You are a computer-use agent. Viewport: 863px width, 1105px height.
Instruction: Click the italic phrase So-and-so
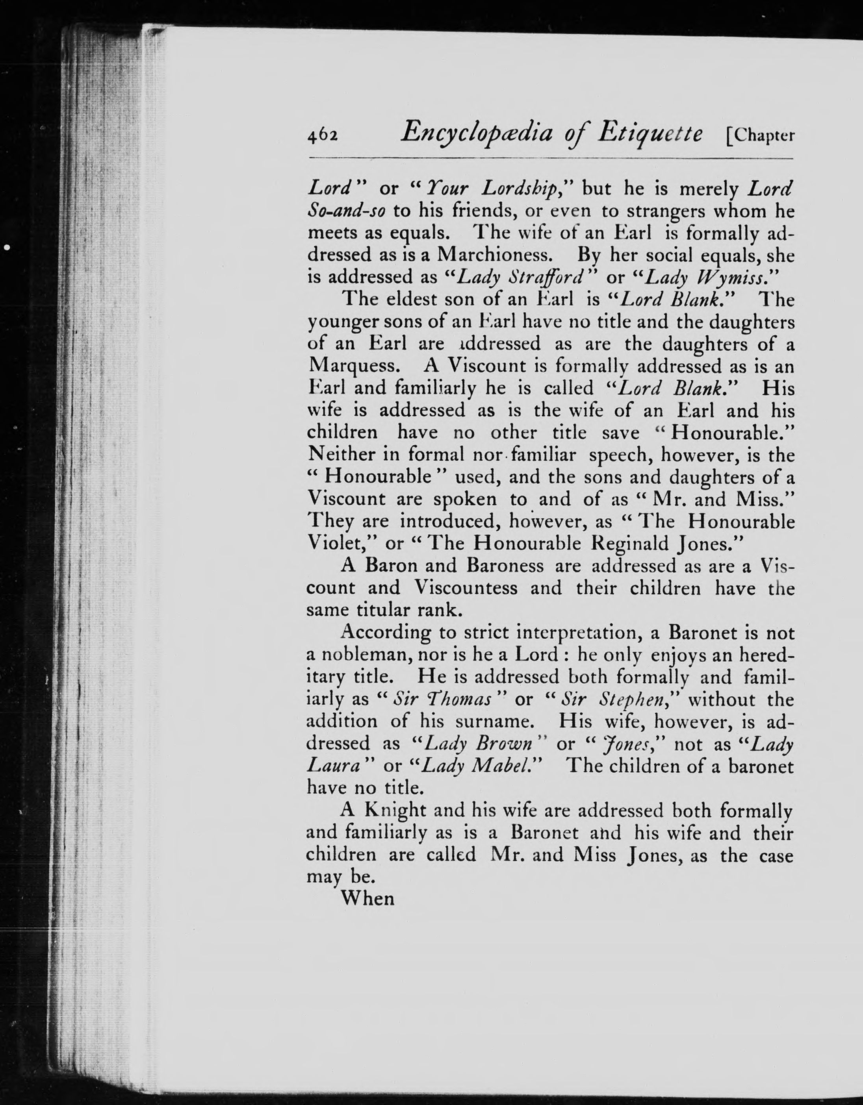tap(347, 211)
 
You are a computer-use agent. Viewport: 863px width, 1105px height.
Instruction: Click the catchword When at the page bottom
tap(367, 899)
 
